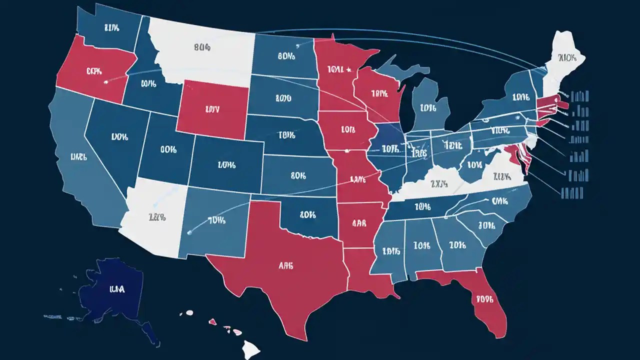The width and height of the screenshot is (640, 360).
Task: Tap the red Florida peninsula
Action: [482, 300]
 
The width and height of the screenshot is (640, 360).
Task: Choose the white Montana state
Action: [200, 50]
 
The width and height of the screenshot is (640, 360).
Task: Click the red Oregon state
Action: [90, 72]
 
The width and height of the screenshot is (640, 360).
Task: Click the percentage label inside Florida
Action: [484, 299]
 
